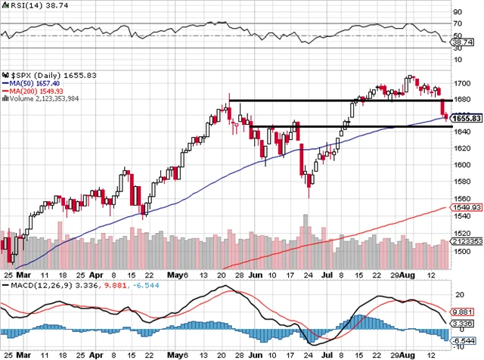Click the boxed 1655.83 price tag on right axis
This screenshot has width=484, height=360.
(x=467, y=119)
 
